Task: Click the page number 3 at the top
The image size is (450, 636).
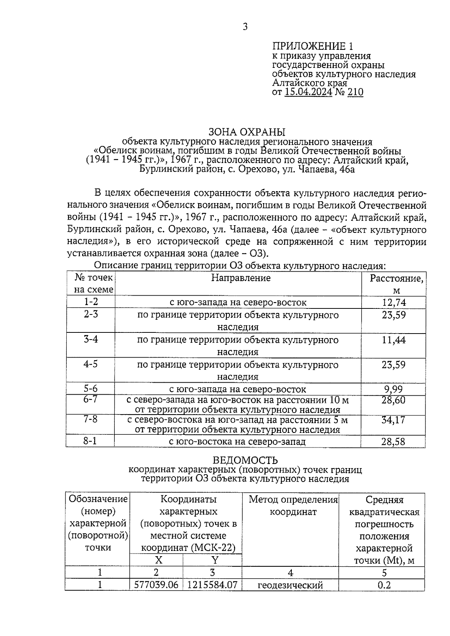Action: [x=245, y=27]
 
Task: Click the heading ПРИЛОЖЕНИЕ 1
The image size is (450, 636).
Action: [x=312, y=46]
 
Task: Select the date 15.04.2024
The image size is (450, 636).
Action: [x=308, y=92]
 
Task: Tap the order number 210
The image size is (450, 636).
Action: [x=355, y=92]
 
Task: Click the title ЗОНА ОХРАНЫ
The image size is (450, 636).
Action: [x=247, y=132]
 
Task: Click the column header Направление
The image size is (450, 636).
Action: [x=241, y=278]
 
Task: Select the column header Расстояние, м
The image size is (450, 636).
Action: [x=396, y=284]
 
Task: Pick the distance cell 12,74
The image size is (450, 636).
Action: [x=394, y=302]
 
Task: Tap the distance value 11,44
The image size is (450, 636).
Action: [x=394, y=340]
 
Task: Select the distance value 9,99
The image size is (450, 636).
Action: [x=394, y=389]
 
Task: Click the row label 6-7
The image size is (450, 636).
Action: [x=91, y=399]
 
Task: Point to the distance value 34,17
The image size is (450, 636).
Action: [x=394, y=420]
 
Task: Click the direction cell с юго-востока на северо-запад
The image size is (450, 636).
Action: [x=237, y=441]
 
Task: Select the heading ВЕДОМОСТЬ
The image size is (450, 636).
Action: [x=245, y=460]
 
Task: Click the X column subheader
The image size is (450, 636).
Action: [x=159, y=560]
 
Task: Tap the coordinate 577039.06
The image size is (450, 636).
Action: [x=156, y=585]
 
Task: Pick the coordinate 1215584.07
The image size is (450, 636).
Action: [x=212, y=585]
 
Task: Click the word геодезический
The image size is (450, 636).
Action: [x=290, y=585]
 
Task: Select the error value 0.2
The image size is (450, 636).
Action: [x=384, y=585]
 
